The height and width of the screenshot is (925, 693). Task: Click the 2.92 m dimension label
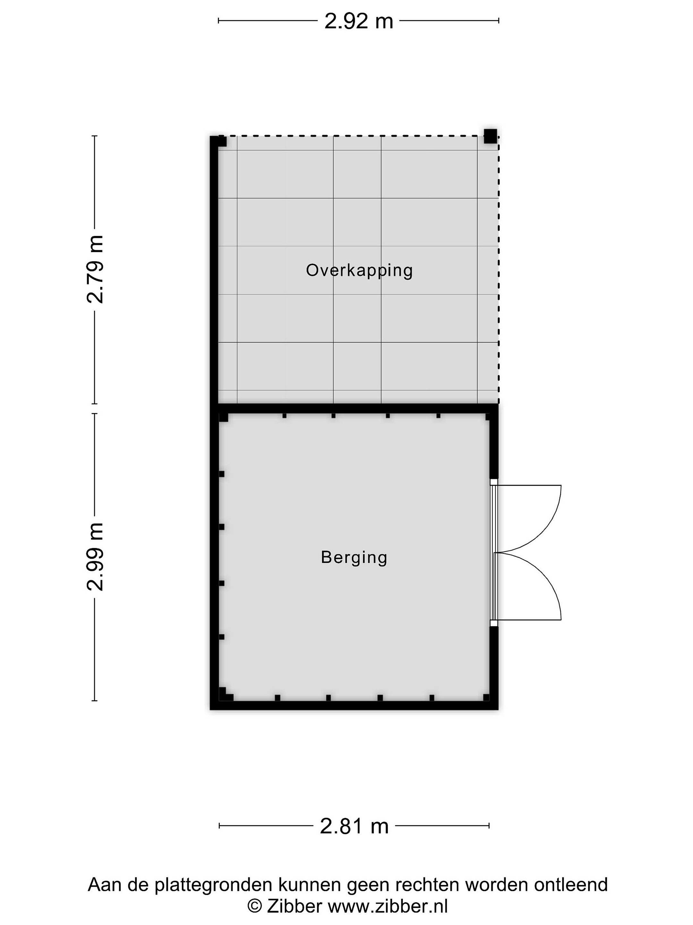pos(358,21)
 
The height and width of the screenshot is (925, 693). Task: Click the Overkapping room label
pos(359,270)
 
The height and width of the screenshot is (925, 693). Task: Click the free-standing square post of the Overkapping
pos(491,136)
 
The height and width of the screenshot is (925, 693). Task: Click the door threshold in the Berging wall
pos(493,552)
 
